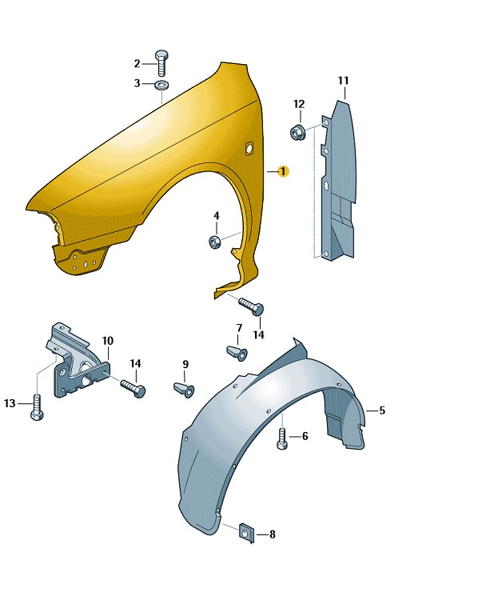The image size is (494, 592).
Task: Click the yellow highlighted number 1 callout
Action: coord(283,171)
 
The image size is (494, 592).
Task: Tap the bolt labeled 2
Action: coord(161,62)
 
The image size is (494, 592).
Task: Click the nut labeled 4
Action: coord(215,242)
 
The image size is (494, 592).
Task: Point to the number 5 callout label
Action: coord(382,410)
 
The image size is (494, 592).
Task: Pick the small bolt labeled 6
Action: coord(282,438)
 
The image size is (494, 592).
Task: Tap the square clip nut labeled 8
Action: coord(247,533)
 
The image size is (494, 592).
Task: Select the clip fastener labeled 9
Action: coord(184,390)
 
